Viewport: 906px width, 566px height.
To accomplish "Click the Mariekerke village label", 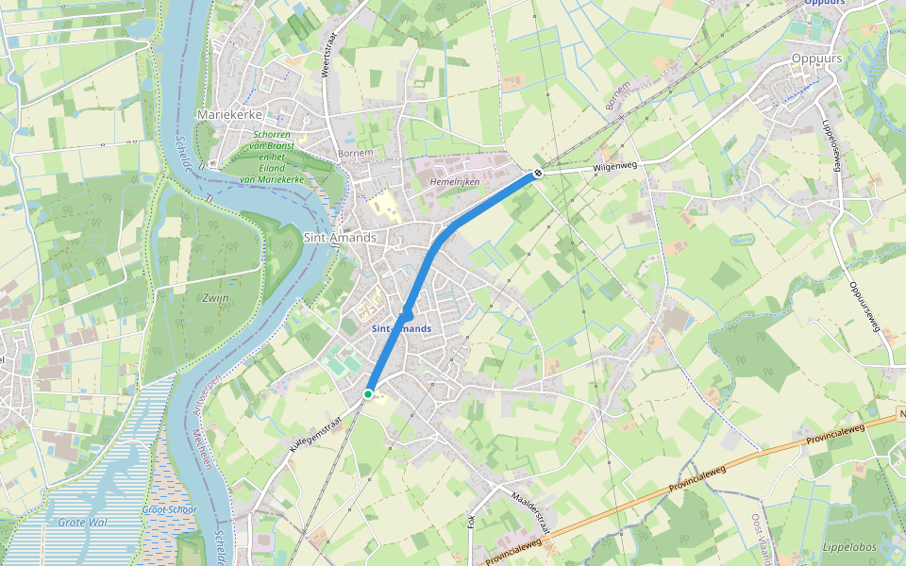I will point(228,114).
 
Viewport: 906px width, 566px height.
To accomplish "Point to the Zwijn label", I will point(216,298).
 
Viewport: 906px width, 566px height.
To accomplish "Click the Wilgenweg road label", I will point(615,166).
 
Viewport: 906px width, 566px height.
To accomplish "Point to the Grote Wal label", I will point(83,522).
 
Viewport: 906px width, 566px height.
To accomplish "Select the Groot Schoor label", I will point(170,509).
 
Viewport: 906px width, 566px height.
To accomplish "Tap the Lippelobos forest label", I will point(850,547).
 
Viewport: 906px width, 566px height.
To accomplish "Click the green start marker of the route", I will point(368,393).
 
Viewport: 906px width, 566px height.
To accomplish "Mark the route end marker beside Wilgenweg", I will point(536,173).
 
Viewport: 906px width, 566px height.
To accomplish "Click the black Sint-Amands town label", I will point(340,238).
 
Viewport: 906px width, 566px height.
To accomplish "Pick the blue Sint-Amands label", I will point(401,328).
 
